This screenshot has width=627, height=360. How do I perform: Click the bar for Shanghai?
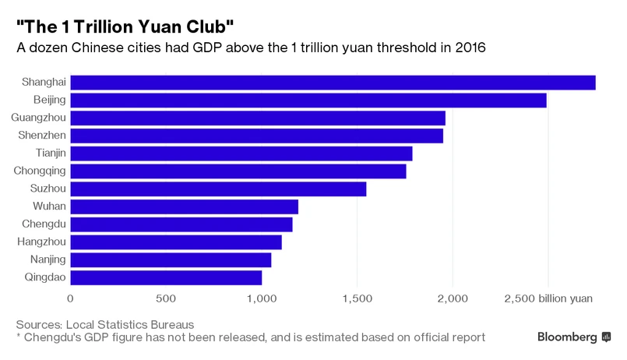tap(333, 83)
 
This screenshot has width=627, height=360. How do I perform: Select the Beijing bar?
tap(308, 101)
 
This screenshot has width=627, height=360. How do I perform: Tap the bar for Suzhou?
tap(218, 189)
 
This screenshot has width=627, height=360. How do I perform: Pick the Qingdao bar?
tap(166, 277)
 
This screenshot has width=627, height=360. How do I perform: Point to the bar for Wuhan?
tap(185, 206)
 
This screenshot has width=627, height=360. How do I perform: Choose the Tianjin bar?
tap(241, 154)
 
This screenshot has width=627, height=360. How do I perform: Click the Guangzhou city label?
tap(39, 118)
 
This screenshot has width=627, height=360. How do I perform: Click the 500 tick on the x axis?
tap(166, 298)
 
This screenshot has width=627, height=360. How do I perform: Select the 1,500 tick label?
tap(357, 298)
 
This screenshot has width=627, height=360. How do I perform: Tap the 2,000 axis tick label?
tap(453, 298)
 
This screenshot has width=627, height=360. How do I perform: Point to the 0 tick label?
tap(71, 298)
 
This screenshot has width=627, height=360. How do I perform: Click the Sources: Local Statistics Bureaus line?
tap(104, 323)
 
